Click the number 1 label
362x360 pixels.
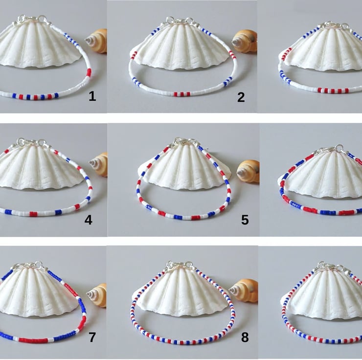pos(92,96)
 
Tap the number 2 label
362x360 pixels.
pos(241,97)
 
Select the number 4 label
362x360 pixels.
pos(89,220)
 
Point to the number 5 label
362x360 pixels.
pos(245,220)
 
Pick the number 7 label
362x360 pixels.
pos(92,337)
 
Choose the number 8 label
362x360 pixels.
pos(245,337)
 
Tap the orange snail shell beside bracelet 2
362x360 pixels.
pos(245,41)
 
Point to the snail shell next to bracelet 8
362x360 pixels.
pos(244,291)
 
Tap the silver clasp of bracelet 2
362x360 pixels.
pos(180,22)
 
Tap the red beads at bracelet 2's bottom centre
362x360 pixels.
pos(182,94)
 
